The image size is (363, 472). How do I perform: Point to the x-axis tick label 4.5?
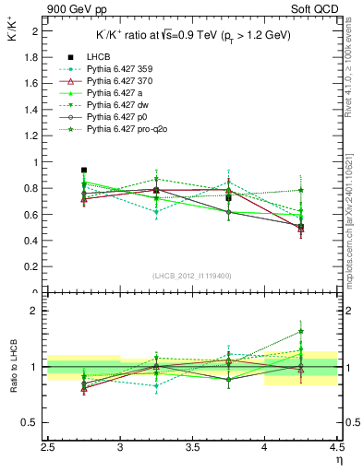click(336, 450)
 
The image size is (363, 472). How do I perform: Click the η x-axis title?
click(340, 461)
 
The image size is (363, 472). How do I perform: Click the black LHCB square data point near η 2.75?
click(84, 171)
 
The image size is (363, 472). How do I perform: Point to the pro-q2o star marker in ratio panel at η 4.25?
click(300, 332)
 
